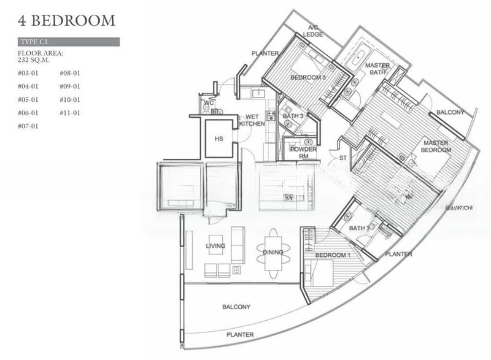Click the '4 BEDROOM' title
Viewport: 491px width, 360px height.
[67, 20]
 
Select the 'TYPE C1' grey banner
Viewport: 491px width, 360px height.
[68, 42]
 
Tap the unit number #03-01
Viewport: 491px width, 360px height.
[28, 73]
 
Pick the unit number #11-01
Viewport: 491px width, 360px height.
[70, 113]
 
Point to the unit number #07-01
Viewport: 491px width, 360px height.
[28, 126]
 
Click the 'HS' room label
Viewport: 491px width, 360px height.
[218, 139]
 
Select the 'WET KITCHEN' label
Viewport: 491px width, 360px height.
[252, 120]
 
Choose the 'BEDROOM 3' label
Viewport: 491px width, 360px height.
[307, 78]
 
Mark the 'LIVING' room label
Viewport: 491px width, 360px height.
[215, 246]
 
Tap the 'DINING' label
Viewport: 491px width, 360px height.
[273, 252]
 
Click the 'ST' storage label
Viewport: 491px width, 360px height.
[344, 158]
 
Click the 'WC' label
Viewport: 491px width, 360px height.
[209, 102]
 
